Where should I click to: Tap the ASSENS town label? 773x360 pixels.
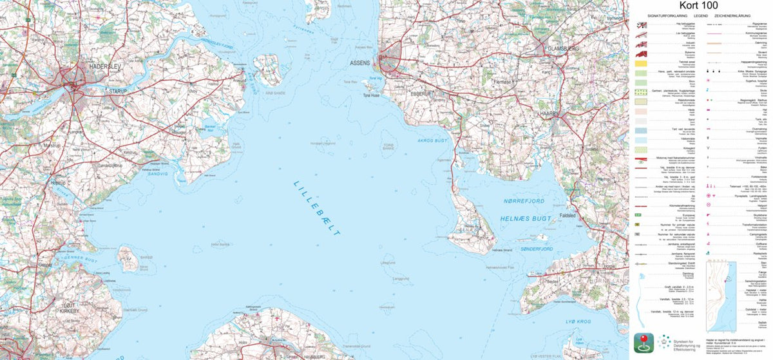360,63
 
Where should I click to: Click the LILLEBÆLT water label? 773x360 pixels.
317,207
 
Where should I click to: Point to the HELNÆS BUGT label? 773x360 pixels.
526,220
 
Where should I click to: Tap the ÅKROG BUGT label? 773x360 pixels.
432,140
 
